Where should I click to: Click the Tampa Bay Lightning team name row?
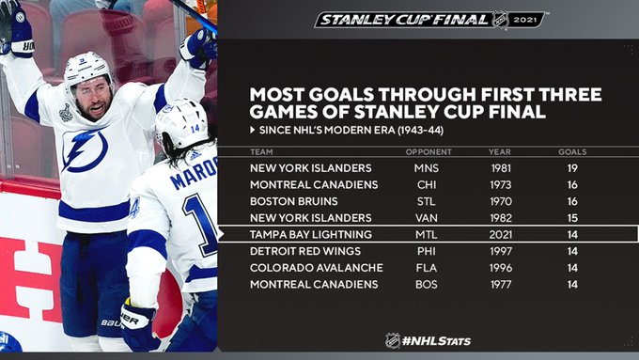(x=310, y=234)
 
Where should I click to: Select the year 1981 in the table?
(x=501, y=168)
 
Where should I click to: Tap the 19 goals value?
(x=572, y=168)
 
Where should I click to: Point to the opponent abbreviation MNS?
(x=427, y=168)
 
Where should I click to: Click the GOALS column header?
(x=572, y=152)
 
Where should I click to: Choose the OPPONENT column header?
(x=429, y=152)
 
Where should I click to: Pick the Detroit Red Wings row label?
(x=305, y=251)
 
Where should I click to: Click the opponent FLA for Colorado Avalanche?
(x=427, y=268)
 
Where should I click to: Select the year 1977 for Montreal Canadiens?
(x=501, y=284)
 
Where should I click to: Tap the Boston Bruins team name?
(x=294, y=201)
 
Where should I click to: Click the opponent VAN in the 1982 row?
(x=427, y=218)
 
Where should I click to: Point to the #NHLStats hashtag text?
(x=436, y=341)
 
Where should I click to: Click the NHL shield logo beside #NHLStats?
(x=393, y=340)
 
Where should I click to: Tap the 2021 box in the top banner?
(x=525, y=20)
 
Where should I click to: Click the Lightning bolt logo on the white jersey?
(x=85, y=149)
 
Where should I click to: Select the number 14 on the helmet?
(x=195, y=129)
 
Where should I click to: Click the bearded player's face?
(x=93, y=98)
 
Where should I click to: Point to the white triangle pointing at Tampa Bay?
(x=221, y=234)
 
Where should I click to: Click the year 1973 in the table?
(x=501, y=184)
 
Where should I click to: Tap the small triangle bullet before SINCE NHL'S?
(x=253, y=130)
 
